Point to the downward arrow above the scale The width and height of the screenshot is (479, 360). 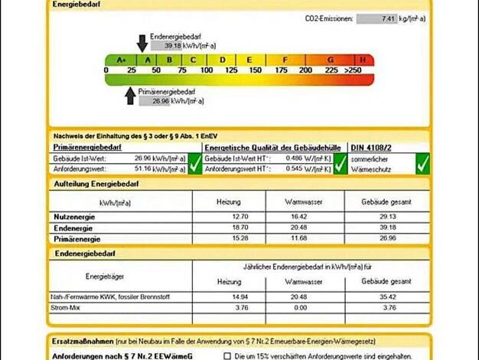[142, 43]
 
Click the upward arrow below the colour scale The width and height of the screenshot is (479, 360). [130, 94]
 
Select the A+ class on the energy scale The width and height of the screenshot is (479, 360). [121, 60]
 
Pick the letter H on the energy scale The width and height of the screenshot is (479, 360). [366, 60]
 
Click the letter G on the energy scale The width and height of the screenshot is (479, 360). [331, 60]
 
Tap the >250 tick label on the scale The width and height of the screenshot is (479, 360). [353, 70]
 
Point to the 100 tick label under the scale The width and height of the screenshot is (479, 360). [207, 70]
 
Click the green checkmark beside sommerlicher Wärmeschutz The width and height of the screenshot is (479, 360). [422, 162]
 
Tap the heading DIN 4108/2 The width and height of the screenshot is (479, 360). [371, 146]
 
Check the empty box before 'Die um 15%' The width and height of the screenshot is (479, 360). [228, 355]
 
